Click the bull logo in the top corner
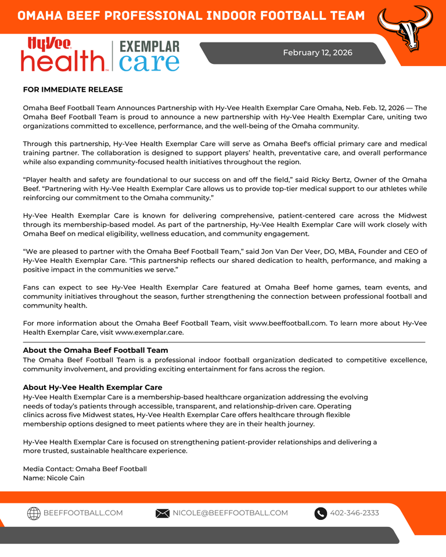pyautogui.click(x=406, y=27)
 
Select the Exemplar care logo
pyautogui.click(x=149, y=56)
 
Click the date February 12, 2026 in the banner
pyautogui.click(x=318, y=53)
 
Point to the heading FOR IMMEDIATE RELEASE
pyautogui.click(x=73, y=89)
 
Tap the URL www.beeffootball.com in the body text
pyautogui.click(x=288, y=323)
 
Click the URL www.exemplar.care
pyautogui.click(x=149, y=332)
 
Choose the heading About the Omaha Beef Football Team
pyautogui.click(x=95, y=350)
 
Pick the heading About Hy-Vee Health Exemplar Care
pyautogui.click(x=92, y=388)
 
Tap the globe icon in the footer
pyautogui.click(x=34, y=513)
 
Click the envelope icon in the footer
pyautogui.click(x=163, y=513)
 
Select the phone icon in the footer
pyautogui.click(x=321, y=513)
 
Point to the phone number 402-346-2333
pyautogui.click(x=354, y=513)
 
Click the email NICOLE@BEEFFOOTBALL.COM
pyautogui.click(x=230, y=513)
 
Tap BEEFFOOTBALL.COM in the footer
pyautogui.click(x=83, y=513)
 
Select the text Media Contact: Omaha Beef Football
pyautogui.click(x=85, y=469)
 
